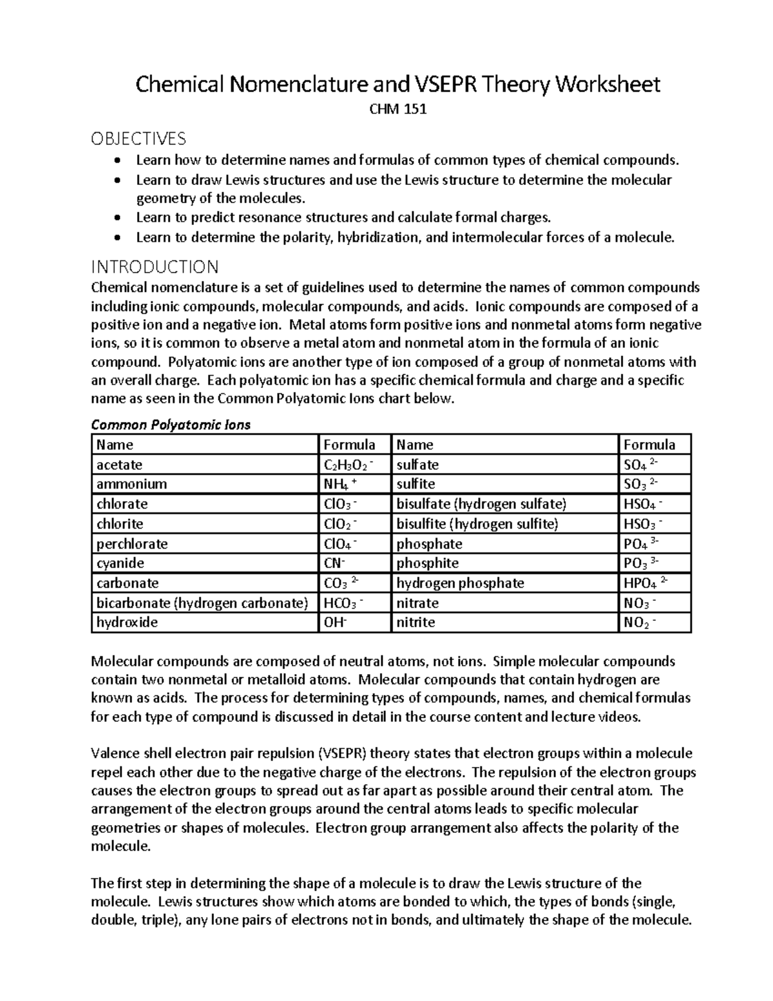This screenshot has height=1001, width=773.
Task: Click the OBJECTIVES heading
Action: point(138,139)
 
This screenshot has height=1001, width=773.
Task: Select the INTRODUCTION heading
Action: point(155,266)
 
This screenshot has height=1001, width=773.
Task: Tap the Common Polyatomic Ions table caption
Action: point(171,425)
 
